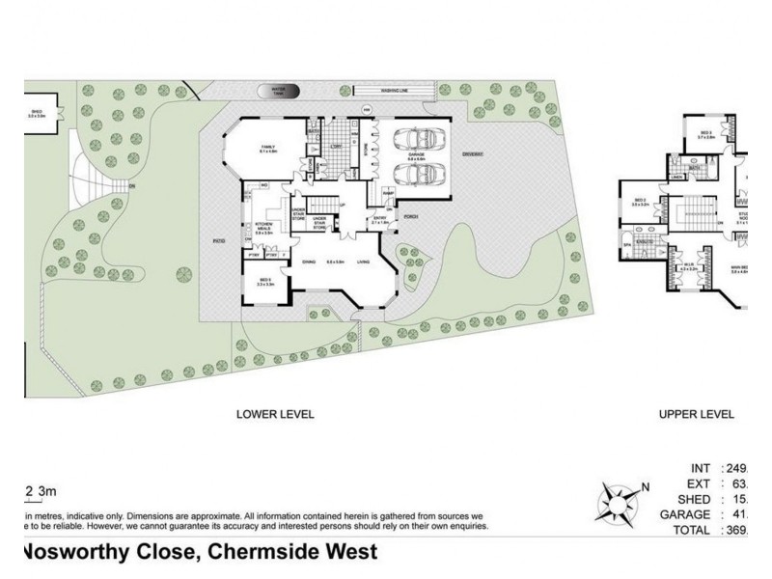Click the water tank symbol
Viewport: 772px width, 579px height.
coord(280,90)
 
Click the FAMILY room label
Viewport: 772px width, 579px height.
coord(267,148)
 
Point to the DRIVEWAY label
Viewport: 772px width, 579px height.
coord(471,154)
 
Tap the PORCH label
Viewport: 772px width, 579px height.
coord(410,216)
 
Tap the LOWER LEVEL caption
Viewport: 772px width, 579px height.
coord(275,414)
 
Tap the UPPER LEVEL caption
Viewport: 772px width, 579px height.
coord(696,414)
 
